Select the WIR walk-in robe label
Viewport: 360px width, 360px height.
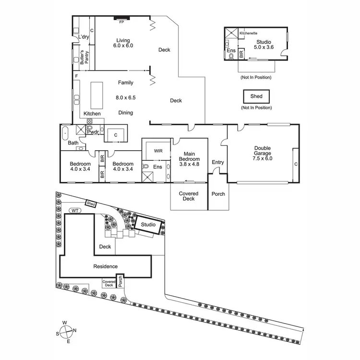click(x=158, y=151)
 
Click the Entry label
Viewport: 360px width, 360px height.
click(x=218, y=162)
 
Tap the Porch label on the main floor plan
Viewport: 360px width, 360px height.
click(x=217, y=194)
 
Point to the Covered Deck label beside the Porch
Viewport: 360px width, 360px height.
click(x=189, y=196)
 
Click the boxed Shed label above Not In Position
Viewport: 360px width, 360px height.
click(x=256, y=96)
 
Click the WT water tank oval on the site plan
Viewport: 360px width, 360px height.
click(x=74, y=210)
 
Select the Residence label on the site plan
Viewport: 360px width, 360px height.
click(x=105, y=266)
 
